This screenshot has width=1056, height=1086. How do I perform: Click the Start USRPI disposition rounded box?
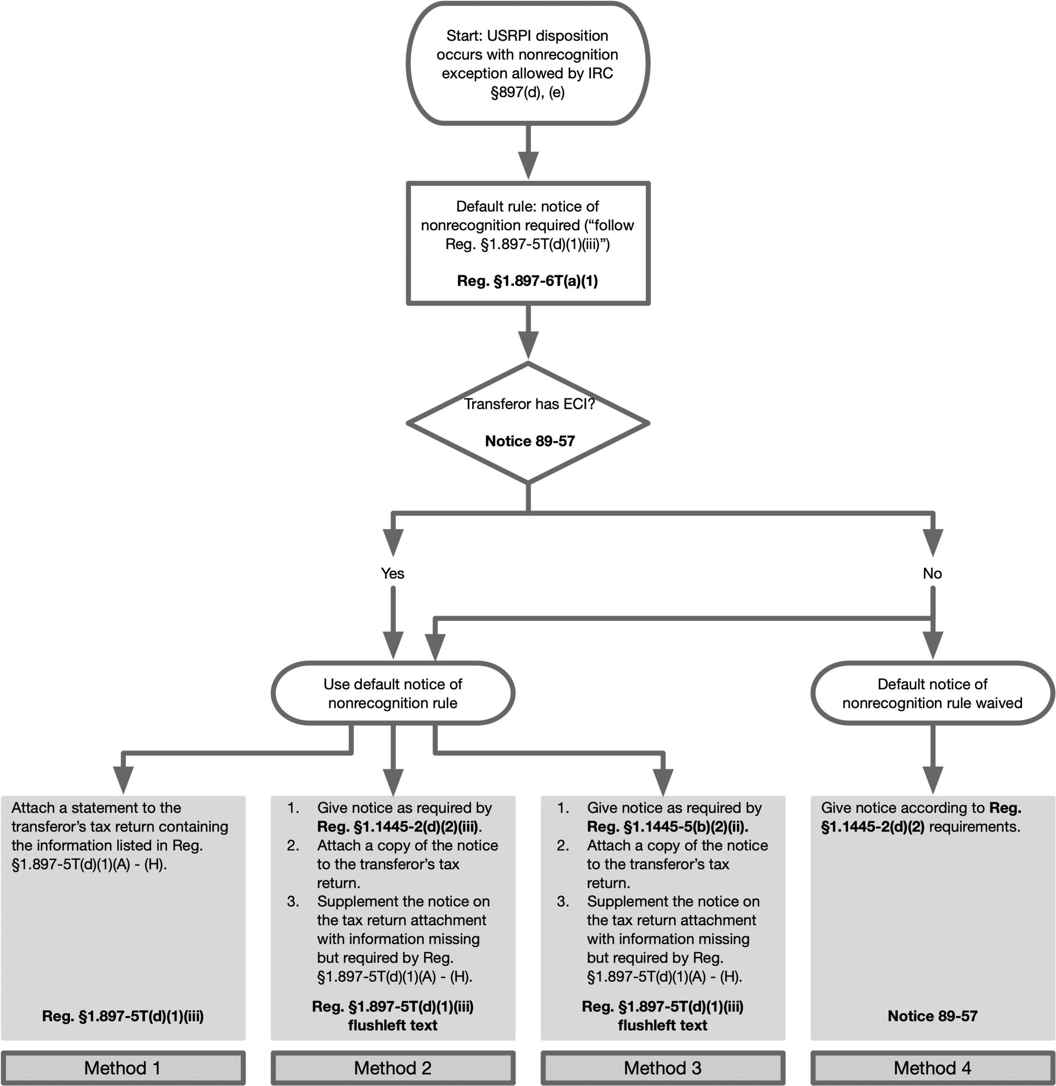coord(527,63)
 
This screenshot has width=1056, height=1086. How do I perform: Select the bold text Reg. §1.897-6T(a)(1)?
coord(527,281)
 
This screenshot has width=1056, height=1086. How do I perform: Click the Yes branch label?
coord(393,573)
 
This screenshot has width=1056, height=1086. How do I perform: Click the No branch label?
coord(932,573)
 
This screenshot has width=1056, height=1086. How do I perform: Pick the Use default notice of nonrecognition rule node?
coord(393,693)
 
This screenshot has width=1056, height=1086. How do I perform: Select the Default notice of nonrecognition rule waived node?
coord(932,693)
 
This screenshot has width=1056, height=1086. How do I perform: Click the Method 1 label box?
coord(123,1067)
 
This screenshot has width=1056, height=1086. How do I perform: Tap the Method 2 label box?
coord(393,1067)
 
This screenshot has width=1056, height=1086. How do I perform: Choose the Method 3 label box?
coord(663,1067)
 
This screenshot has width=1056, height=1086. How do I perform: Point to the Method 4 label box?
coord(932,1067)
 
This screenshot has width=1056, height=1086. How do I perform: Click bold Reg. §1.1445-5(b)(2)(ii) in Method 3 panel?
coord(668,826)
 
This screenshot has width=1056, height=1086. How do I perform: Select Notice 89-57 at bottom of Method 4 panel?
coord(932,1016)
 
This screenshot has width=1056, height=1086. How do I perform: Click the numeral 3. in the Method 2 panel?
coord(293,901)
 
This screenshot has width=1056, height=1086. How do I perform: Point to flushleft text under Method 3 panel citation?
coord(663,1025)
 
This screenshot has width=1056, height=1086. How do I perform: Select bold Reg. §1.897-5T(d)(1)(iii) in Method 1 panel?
coord(123,1016)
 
